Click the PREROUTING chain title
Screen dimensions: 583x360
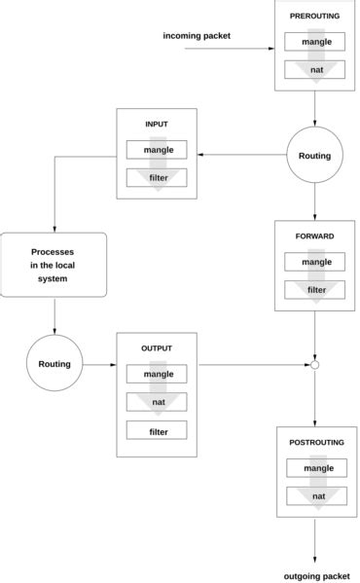[x=315, y=18]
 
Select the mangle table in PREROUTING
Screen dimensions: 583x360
[x=315, y=43]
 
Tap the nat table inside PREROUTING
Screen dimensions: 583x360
[x=315, y=69]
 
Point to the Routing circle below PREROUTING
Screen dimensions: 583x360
[x=315, y=155]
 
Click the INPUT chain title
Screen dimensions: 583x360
[x=156, y=125]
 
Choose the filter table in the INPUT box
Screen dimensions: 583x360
[x=157, y=178]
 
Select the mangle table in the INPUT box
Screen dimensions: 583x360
[x=157, y=151]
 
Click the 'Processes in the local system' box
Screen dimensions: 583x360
[x=54, y=265]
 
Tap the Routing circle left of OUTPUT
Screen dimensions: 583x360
[x=54, y=364]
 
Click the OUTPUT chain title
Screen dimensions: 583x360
[x=156, y=347]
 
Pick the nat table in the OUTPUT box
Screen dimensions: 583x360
[x=157, y=401]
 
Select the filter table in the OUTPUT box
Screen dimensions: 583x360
[x=157, y=430]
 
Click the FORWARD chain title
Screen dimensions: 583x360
[x=315, y=237]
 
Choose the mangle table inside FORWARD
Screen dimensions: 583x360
[x=315, y=262]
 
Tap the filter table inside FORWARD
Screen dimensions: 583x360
[x=315, y=289]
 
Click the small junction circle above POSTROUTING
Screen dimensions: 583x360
[x=315, y=365]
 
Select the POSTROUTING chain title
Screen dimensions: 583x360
[x=315, y=443]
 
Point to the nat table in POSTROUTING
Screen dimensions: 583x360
[x=315, y=495]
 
